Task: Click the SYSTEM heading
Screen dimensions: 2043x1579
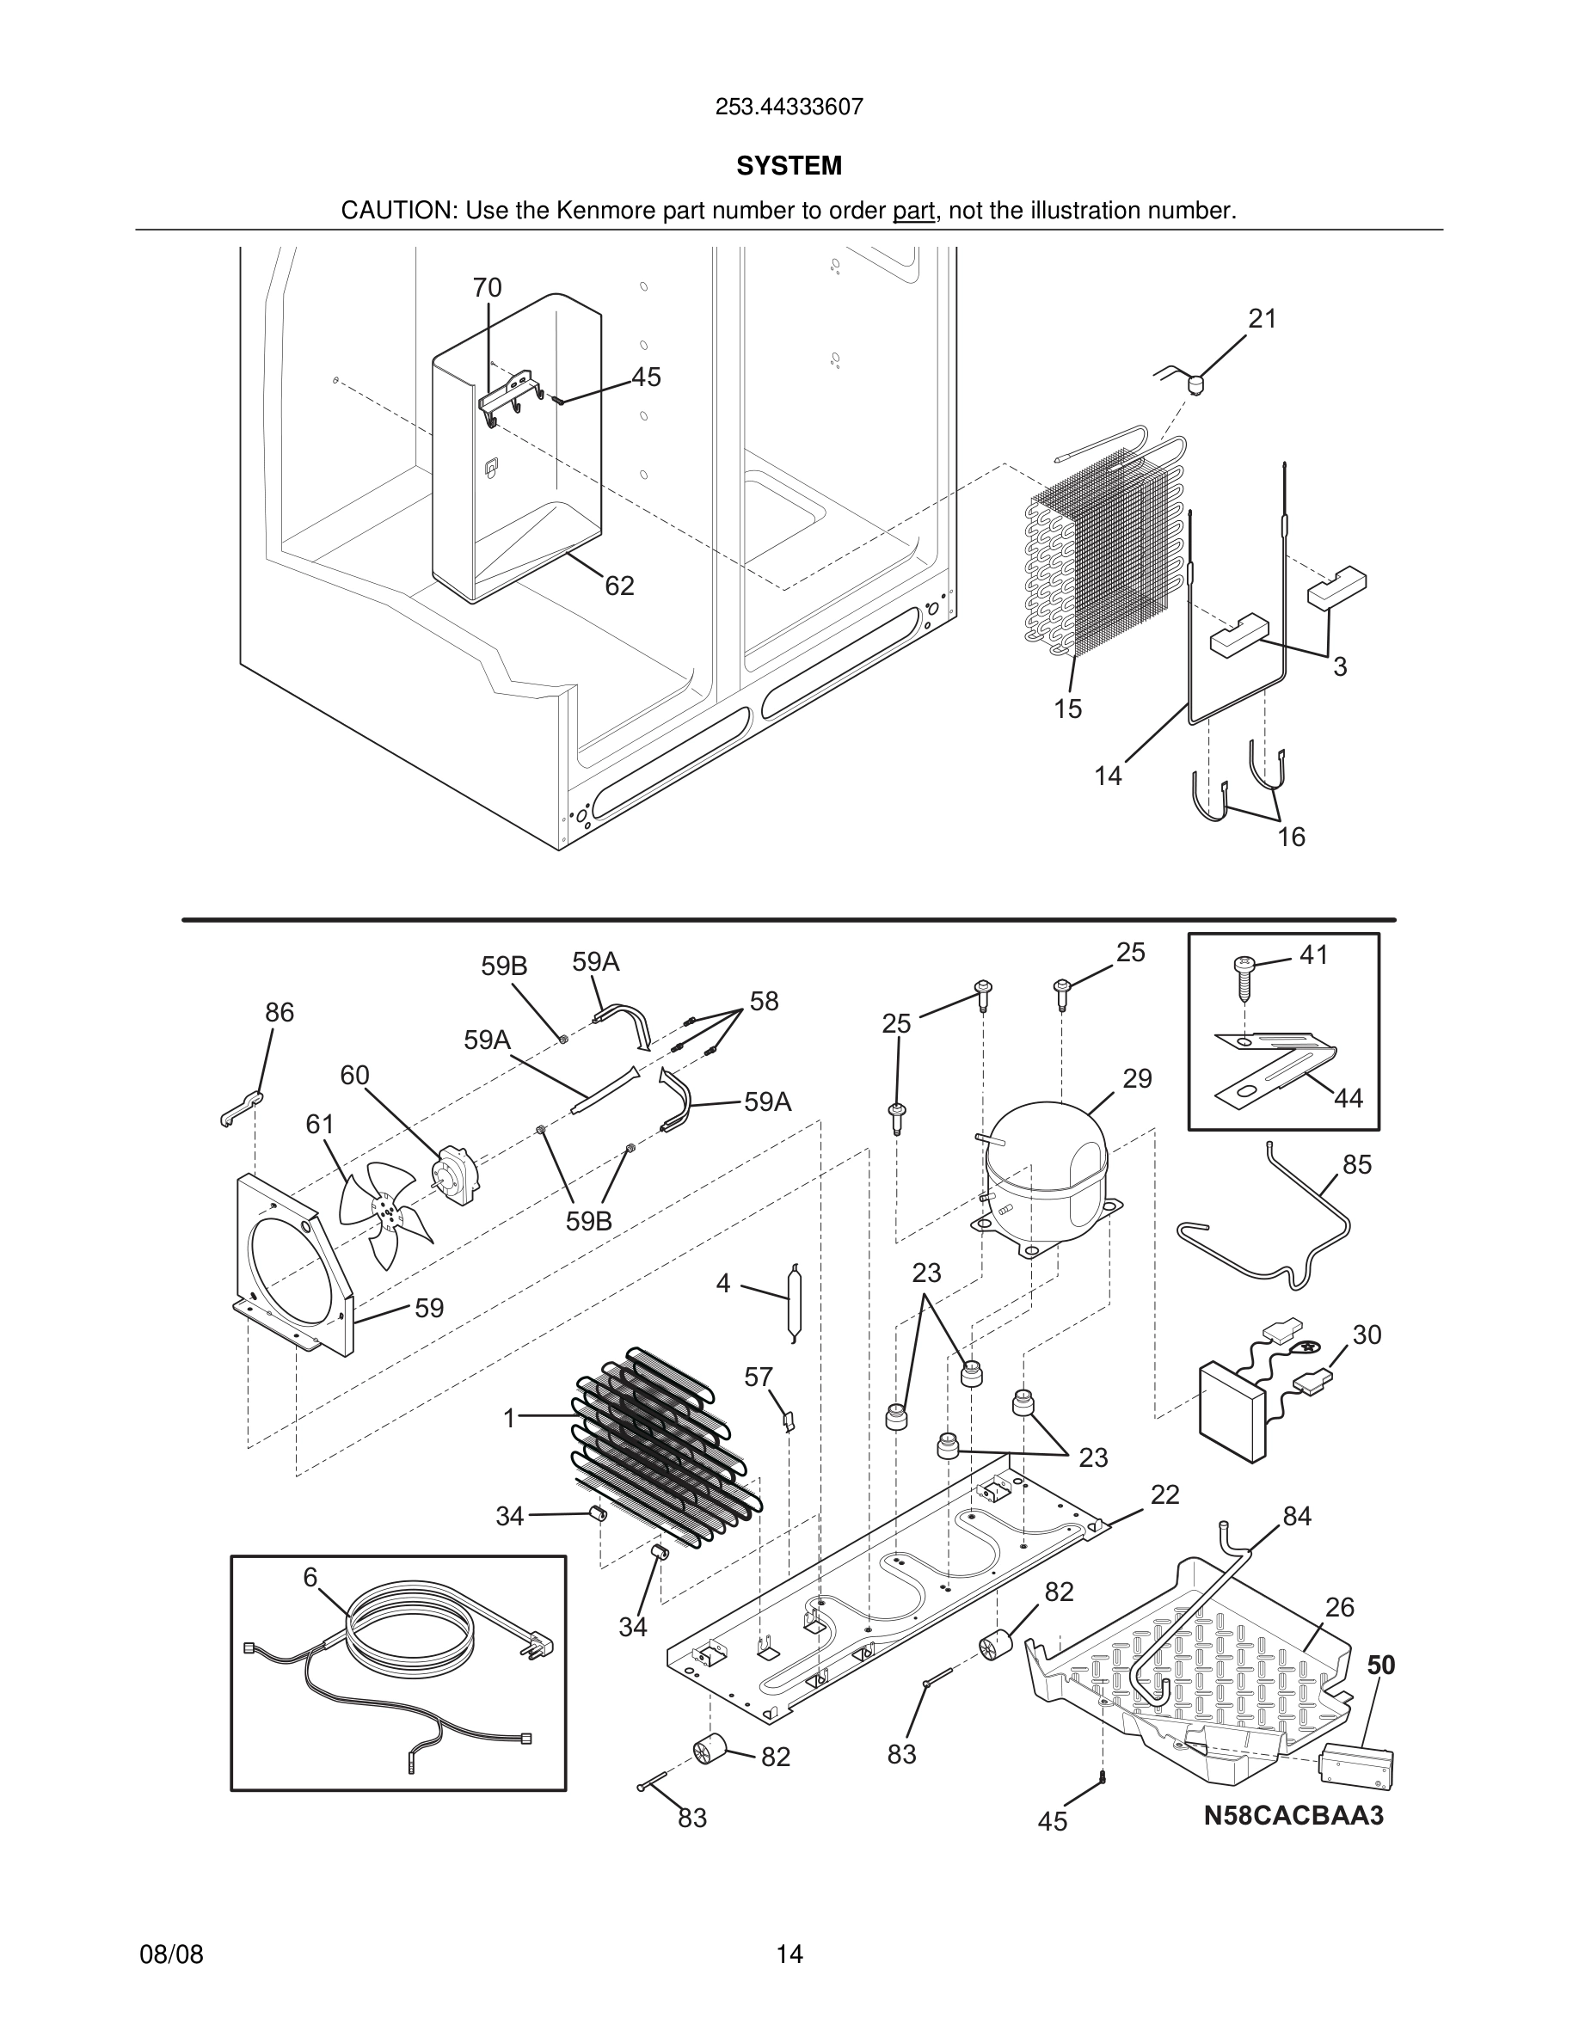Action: coord(789,166)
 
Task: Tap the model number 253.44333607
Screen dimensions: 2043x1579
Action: coord(789,107)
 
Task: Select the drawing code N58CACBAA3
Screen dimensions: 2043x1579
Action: coord(1293,1816)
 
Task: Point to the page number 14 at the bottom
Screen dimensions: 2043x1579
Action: coord(789,1954)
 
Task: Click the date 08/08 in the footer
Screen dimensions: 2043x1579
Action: coord(171,1954)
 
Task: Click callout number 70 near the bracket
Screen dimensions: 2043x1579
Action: coord(487,287)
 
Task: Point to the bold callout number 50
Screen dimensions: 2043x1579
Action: coord(1380,1665)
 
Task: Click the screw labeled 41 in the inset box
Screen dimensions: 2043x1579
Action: coord(1245,978)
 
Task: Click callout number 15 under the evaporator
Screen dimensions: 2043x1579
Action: coord(1067,709)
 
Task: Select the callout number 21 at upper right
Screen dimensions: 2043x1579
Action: coord(1262,319)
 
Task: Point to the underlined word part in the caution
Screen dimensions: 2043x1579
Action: coord(913,211)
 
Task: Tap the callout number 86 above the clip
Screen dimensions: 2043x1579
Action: coord(279,1012)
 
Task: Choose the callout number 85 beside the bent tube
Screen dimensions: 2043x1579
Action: coord(1356,1164)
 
